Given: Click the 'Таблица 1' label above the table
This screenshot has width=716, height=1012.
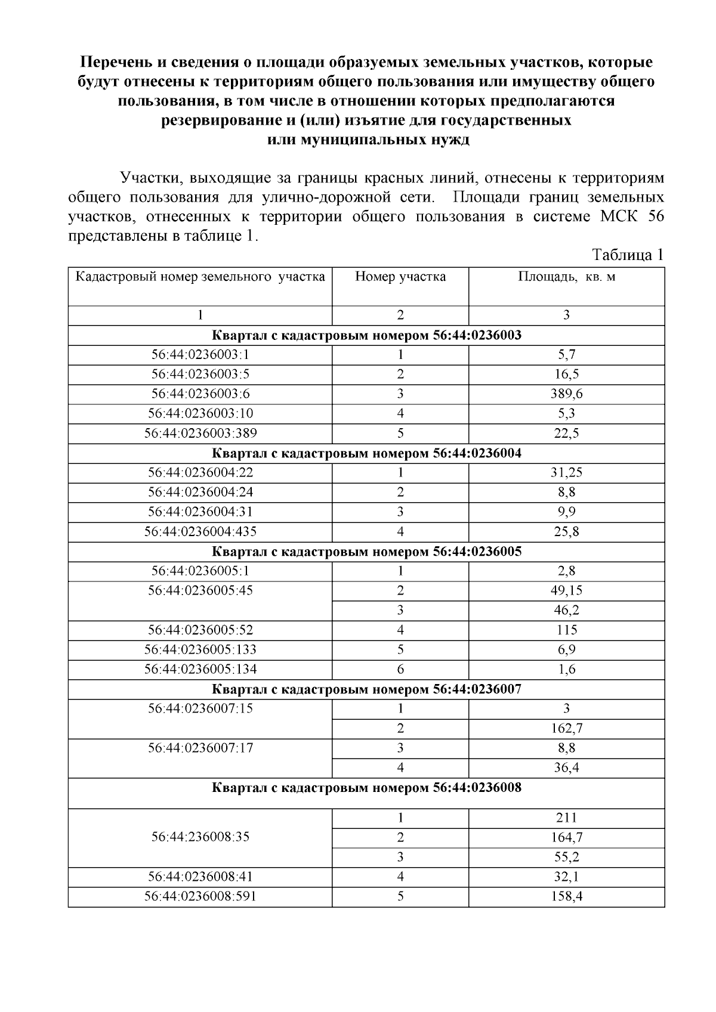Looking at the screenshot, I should pyautogui.click(x=627, y=255).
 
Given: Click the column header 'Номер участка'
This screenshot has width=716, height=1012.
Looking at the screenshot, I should pyautogui.click(x=400, y=277).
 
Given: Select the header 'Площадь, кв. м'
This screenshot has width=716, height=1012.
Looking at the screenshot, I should pyautogui.click(x=566, y=277).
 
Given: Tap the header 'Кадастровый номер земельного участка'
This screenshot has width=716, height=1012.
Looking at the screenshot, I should pyautogui.click(x=200, y=277).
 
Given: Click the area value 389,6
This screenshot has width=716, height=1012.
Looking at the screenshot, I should pyautogui.click(x=566, y=394).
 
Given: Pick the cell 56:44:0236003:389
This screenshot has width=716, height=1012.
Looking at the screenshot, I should pyautogui.click(x=200, y=433).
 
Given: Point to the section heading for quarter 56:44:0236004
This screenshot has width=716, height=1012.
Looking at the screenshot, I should pyautogui.click(x=366, y=453).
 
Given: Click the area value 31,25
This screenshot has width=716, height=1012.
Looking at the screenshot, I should pyautogui.click(x=566, y=472).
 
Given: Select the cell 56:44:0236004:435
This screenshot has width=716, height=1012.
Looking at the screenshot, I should pyautogui.click(x=200, y=531).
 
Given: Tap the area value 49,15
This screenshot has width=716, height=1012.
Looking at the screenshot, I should pyautogui.click(x=566, y=590).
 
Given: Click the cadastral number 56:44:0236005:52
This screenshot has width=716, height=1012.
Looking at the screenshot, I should pyautogui.click(x=200, y=630).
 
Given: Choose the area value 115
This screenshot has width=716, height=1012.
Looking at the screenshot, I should pyautogui.click(x=566, y=630).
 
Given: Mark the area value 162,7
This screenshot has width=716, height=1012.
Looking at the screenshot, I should pyautogui.click(x=566, y=728).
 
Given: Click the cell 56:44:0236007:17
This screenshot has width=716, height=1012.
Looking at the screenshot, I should pyautogui.click(x=200, y=748).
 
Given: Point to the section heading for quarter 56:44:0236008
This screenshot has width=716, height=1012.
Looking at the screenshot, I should pyautogui.click(x=366, y=788).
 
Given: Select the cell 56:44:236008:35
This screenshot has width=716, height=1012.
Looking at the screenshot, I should pyautogui.click(x=200, y=837).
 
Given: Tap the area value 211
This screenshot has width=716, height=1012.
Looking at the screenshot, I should pyautogui.click(x=566, y=818).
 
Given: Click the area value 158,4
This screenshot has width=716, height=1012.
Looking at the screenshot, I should pyautogui.click(x=566, y=896).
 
